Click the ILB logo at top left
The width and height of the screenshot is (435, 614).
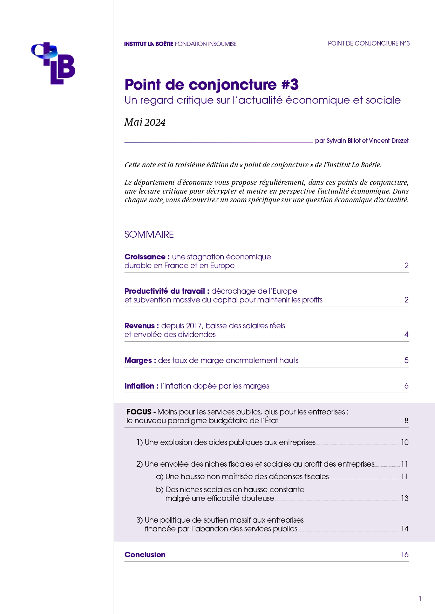point(53,63)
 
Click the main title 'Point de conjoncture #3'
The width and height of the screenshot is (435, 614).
point(211,85)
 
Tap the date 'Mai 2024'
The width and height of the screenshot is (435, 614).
point(145,122)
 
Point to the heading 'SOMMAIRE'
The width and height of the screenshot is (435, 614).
point(149,234)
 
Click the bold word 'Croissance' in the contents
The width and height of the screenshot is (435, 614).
point(145,257)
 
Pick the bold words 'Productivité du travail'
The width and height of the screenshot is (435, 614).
point(164,291)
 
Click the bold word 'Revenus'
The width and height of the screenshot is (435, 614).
point(140,326)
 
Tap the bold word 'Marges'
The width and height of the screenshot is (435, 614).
point(138,360)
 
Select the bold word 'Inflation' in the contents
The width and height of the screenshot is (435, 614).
point(139,386)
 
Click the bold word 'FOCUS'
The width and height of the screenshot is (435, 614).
point(139,412)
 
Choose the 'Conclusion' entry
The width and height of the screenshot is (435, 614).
point(145,554)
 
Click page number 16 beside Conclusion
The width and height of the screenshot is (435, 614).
point(405,554)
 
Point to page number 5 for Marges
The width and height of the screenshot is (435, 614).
point(406,360)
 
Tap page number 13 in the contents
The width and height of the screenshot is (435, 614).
point(405,498)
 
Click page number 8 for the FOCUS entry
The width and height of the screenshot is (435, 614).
point(406,420)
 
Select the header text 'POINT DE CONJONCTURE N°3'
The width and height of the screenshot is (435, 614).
point(369,43)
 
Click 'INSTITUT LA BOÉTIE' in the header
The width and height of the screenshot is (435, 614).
point(149,44)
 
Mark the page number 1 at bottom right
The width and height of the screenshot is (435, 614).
point(420,599)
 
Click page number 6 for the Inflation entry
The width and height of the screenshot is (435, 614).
point(406,386)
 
